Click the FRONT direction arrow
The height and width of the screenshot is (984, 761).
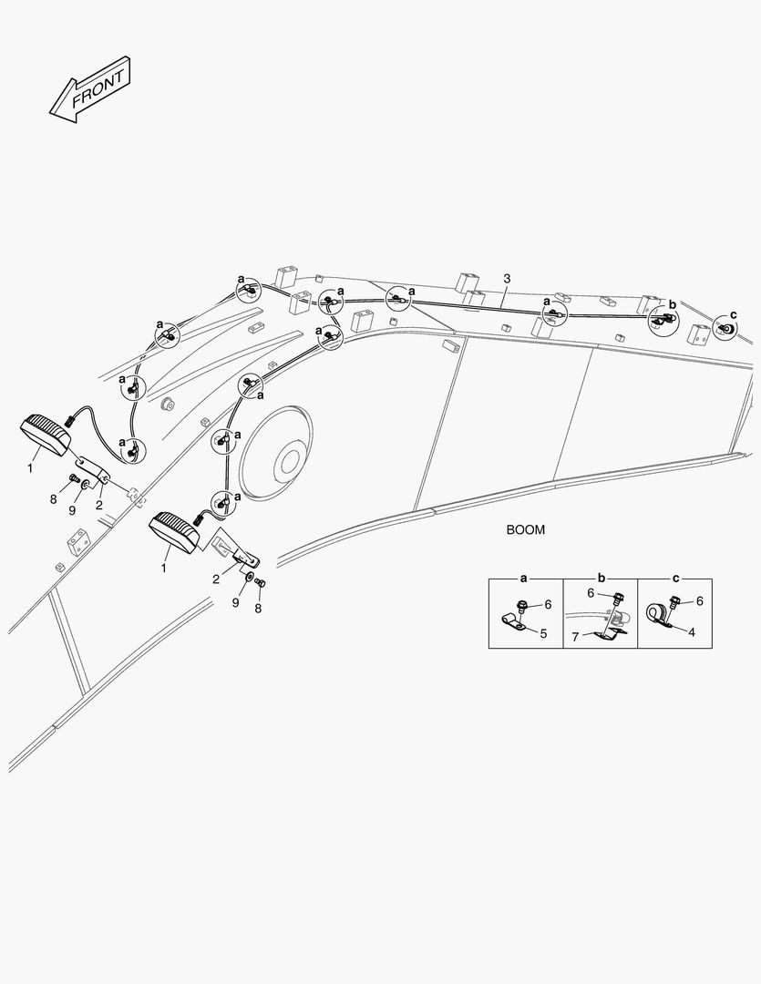(x=90, y=89)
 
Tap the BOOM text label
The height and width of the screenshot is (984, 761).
(x=526, y=529)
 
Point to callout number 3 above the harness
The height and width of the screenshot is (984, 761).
(x=508, y=278)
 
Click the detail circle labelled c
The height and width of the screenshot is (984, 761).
(x=725, y=328)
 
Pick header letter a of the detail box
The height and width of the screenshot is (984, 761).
(x=524, y=578)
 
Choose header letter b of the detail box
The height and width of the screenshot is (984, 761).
(x=601, y=578)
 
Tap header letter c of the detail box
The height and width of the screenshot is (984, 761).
(x=675, y=578)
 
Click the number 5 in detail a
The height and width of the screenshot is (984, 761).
(x=544, y=633)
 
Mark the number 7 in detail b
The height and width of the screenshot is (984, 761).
(x=574, y=638)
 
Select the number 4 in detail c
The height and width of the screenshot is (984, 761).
(x=692, y=632)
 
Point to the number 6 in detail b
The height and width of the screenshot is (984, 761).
(x=591, y=593)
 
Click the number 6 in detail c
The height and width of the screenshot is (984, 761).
(x=699, y=601)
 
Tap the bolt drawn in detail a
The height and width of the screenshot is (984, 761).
(x=521, y=606)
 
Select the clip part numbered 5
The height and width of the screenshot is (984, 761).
(x=511, y=623)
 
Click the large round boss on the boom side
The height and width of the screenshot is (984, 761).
(x=277, y=453)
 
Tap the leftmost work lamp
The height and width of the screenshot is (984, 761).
(x=46, y=435)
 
